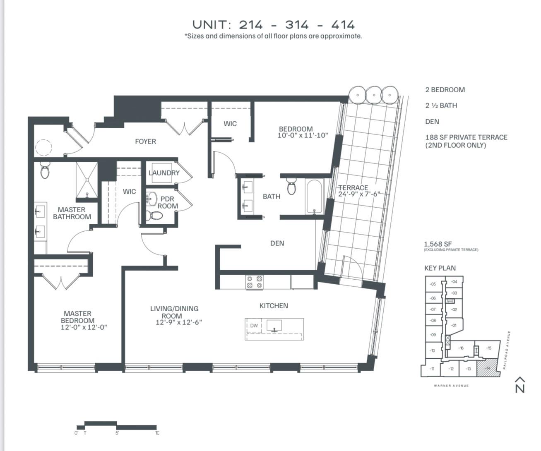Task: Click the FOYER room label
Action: (x=145, y=142)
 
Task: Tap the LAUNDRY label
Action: (x=164, y=173)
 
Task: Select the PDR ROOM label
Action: (x=168, y=202)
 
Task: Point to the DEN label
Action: (x=277, y=243)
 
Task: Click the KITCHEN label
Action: (x=274, y=306)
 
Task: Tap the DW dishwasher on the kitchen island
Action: (x=254, y=326)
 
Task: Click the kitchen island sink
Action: (x=274, y=326)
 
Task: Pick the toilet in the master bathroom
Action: (x=45, y=170)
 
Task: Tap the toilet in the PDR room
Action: (x=156, y=215)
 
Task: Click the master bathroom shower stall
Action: (x=87, y=180)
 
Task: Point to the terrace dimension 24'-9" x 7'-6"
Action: (x=359, y=194)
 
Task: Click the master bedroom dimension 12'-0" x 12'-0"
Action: (x=84, y=328)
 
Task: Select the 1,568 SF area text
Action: (x=438, y=244)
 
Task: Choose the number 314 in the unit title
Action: (x=297, y=25)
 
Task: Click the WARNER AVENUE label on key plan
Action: (x=451, y=386)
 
